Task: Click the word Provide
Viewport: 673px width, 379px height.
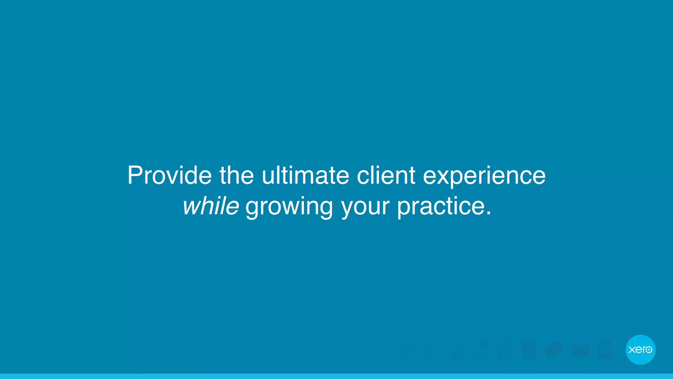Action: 170,175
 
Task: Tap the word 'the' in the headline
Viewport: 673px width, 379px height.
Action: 237,175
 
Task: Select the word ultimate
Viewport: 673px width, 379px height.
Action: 305,175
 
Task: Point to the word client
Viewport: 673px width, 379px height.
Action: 386,175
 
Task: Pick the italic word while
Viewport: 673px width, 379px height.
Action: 211,206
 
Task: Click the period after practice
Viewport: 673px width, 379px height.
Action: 489,213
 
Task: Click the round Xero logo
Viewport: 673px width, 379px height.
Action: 640,349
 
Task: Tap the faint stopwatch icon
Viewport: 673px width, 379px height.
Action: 505,350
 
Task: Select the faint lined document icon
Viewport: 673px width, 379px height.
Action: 529,350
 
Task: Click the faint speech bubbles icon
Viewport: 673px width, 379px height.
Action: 554,350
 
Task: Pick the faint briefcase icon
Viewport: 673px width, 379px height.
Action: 580,350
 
